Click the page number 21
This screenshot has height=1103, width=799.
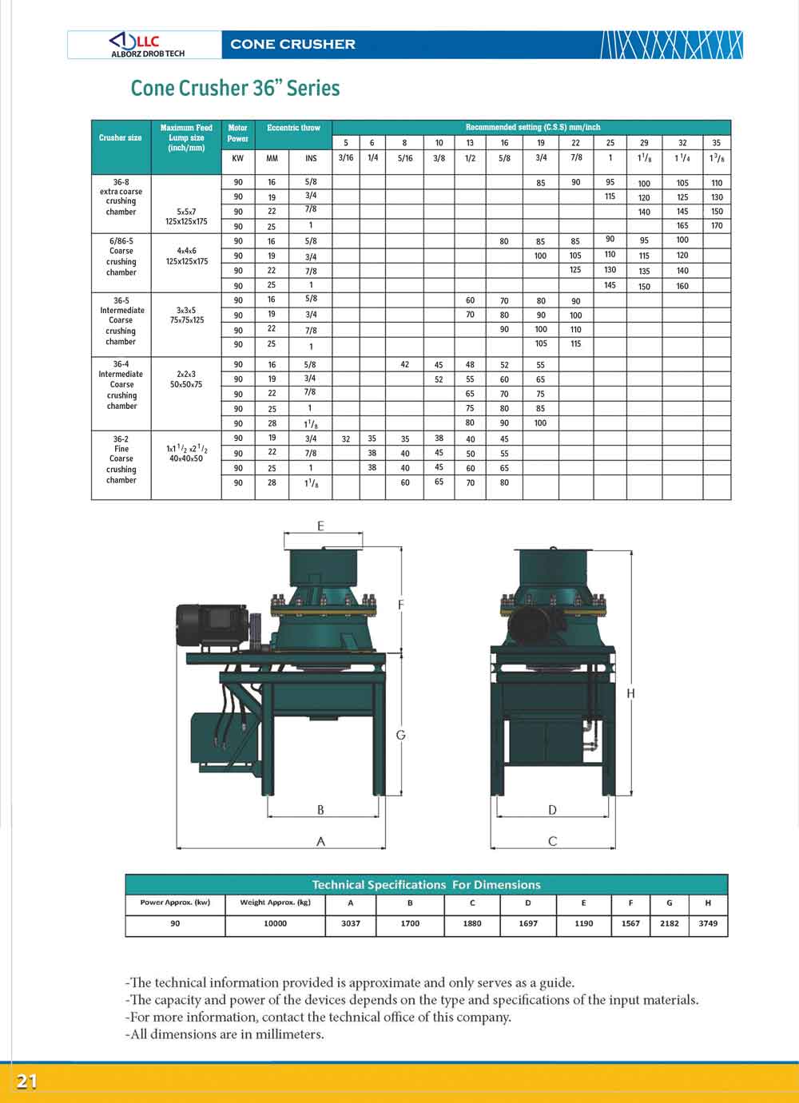(27, 1081)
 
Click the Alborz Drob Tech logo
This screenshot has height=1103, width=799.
(145, 45)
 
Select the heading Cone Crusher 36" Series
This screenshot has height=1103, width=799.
(235, 88)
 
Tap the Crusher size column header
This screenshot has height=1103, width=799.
(121, 137)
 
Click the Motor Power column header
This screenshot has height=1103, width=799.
(238, 133)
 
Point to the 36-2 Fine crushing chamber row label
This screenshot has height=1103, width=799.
(121, 459)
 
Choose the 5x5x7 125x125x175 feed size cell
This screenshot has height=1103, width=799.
(186, 216)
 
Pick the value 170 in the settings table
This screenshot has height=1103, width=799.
(717, 226)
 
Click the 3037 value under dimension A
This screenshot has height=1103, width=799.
(351, 923)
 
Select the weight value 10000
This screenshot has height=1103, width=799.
(275, 923)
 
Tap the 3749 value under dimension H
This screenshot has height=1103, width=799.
(708, 923)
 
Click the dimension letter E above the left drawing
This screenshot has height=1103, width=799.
(321, 526)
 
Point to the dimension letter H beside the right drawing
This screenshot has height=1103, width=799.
(631, 693)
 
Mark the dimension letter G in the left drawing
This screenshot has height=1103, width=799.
(401, 735)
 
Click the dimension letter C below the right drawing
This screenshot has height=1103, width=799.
(552, 841)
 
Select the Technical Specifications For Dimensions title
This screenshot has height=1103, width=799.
(426, 884)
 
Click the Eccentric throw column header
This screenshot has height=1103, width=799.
(293, 128)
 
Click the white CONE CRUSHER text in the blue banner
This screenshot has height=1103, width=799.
(292, 44)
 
